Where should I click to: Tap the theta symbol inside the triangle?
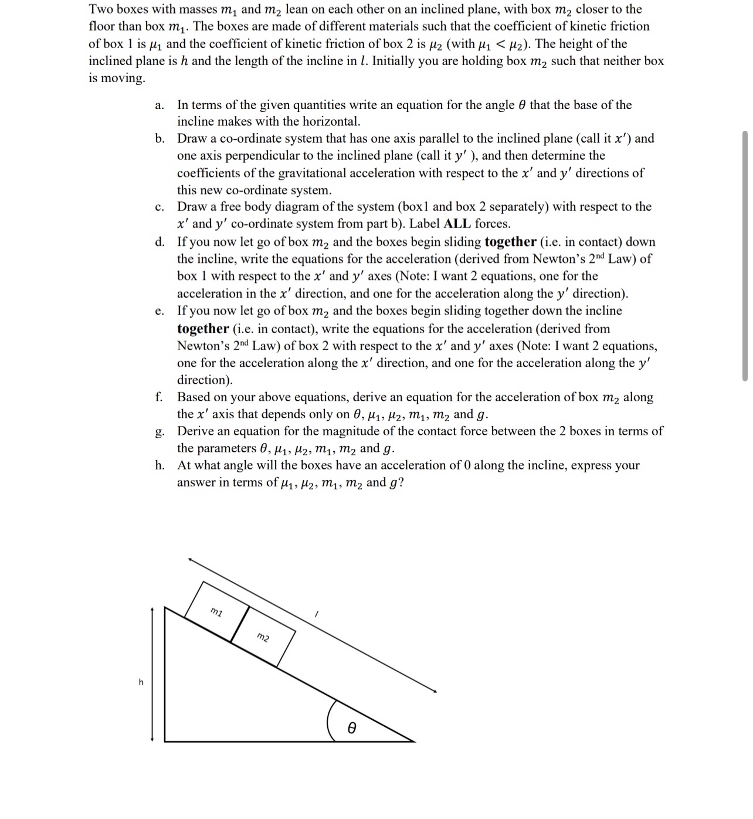[x=351, y=727]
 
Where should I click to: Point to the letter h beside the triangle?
[x=141, y=682]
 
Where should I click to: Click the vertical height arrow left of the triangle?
[x=152, y=675]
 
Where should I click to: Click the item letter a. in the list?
[x=159, y=106]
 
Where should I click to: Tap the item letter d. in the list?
[x=160, y=242]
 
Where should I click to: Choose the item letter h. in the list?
[x=160, y=466]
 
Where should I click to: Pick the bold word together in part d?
[x=510, y=242]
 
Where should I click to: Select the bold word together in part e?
[x=203, y=329]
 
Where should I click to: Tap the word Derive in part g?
[x=196, y=431]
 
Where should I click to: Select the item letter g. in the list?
[x=160, y=432]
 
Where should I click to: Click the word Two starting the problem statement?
[x=101, y=9]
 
